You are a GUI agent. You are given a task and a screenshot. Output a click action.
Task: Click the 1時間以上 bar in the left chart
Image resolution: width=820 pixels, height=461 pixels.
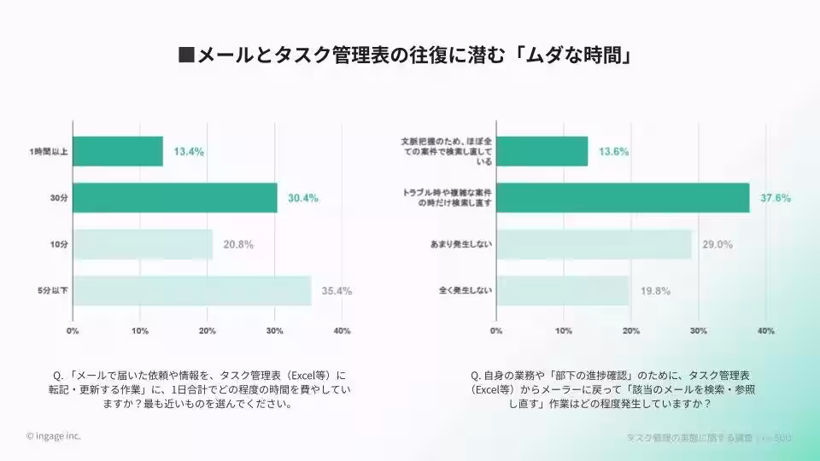click(x=118, y=151)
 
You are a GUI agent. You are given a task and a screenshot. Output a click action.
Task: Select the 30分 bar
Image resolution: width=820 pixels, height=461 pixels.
click(x=175, y=197)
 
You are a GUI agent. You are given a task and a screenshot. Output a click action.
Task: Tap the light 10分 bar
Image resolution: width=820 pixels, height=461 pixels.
click(x=143, y=244)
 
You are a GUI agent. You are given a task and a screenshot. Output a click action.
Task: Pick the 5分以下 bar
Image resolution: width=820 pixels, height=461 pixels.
click(x=192, y=290)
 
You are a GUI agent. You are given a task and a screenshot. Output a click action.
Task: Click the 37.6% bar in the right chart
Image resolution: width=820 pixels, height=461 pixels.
click(x=623, y=197)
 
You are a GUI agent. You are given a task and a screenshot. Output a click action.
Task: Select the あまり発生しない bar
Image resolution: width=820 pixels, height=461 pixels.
click(x=594, y=244)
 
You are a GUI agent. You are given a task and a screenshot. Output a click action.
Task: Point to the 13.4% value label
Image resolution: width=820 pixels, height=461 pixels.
click(x=189, y=151)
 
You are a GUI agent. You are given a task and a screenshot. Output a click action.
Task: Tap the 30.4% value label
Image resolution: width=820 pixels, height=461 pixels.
click(x=302, y=198)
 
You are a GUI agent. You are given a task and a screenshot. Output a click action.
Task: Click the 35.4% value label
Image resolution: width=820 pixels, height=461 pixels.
click(x=337, y=290)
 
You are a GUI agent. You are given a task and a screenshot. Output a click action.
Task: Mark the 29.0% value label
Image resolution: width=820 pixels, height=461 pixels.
click(x=717, y=244)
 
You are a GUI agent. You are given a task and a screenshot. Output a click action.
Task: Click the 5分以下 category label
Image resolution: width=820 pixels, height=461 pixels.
click(x=53, y=290)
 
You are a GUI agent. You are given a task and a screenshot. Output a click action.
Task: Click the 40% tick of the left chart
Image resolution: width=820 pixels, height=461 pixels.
click(x=342, y=330)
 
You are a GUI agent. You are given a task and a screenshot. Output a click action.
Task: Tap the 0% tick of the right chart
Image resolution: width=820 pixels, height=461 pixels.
click(x=496, y=330)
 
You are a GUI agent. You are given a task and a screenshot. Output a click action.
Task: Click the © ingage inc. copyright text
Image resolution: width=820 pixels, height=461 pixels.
click(x=54, y=435)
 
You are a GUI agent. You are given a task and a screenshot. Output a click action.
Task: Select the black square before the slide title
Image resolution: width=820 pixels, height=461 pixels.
click(x=185, y=56)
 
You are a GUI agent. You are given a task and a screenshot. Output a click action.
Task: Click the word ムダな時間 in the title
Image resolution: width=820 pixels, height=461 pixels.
click(x=581, y=56)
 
